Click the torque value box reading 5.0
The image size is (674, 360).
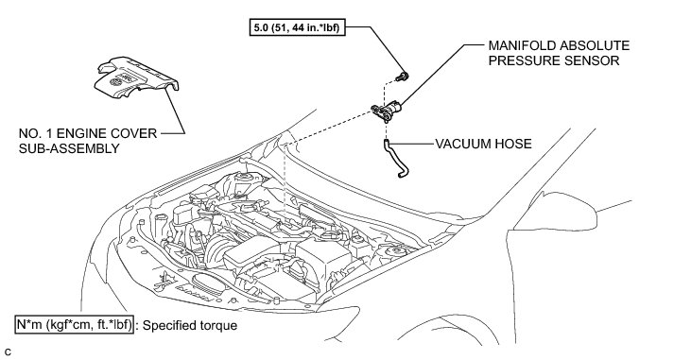tap(298, 27)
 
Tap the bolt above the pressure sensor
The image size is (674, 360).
tap(402, 77)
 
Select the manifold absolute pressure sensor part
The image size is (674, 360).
tap(386, 111)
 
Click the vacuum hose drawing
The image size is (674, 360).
tap(395, 158)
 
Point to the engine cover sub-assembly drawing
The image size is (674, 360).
tap(136, 77)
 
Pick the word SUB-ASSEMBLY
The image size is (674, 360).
tap(69, 148)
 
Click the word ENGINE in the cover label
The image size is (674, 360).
tap(82, 133)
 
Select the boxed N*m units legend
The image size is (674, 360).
tap(75, 325)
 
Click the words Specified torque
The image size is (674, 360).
tap(190, 325)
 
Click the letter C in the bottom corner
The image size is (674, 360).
tap(8, 351)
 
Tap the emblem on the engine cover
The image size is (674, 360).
tap(115, 81)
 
